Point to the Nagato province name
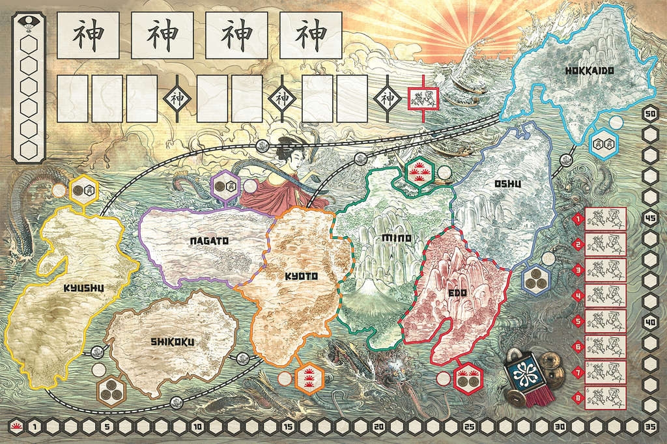(209, 241)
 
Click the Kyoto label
(301, 276)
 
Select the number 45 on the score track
(650, 217)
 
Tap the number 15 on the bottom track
(287, 427)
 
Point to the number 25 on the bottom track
(468, 427)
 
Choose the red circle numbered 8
(577, 396)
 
